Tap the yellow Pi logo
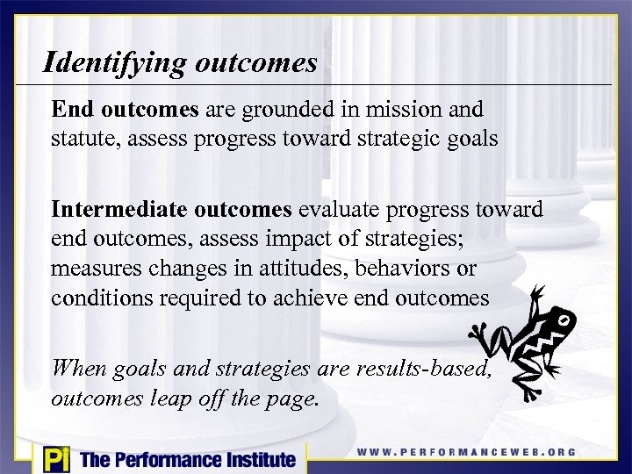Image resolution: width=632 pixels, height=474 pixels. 55,458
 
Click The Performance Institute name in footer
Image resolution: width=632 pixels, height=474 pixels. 187,459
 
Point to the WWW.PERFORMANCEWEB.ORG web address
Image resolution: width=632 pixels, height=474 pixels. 467,452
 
